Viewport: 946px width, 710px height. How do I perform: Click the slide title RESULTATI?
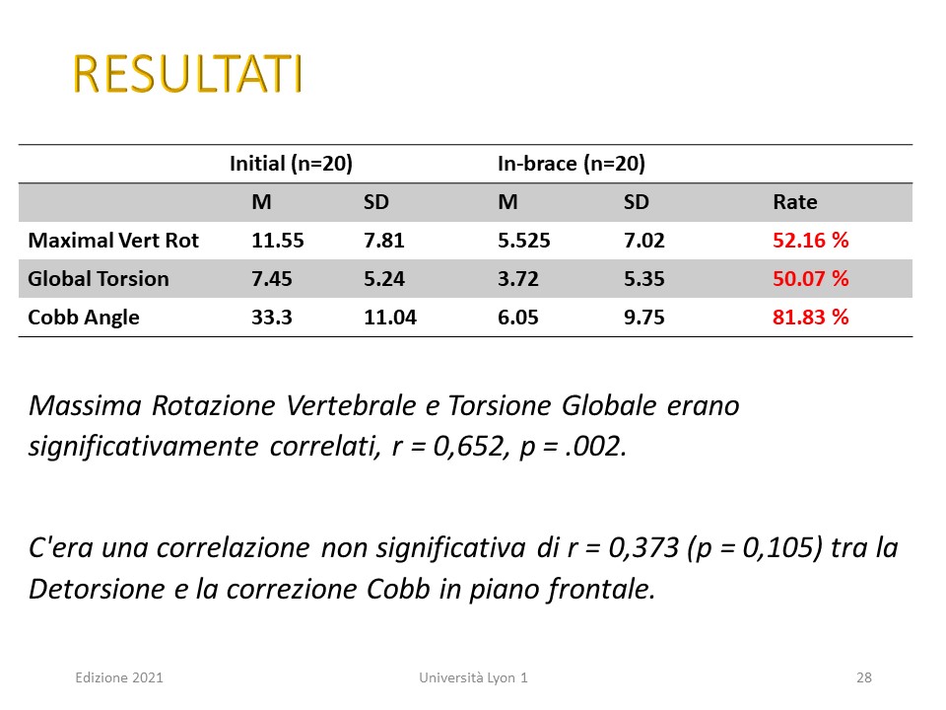pos(187,74)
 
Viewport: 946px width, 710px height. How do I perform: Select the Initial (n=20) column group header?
pos(291,164)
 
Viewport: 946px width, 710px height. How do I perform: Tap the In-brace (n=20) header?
pos(572,164)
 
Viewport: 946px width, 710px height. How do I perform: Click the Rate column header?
pos(795,201)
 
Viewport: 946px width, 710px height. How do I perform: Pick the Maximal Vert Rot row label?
pos(113,241)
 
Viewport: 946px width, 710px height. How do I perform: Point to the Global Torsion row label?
pos(99,279)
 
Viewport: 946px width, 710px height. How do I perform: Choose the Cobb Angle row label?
pos(84,318)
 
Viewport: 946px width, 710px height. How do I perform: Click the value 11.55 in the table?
pos(278,241)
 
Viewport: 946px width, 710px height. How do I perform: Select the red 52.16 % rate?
pos(811,241)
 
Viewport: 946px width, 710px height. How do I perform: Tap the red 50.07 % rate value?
pos(811,279)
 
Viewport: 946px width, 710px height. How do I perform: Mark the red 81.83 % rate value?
pos(811,318)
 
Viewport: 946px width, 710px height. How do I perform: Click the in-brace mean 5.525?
pos(523,241)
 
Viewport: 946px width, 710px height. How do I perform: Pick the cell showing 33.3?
pos(272,318)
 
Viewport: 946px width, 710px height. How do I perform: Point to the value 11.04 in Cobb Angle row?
pos(390,318)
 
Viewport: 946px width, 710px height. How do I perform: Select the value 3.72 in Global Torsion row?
pos(517,279)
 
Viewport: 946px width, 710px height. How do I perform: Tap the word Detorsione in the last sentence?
pos(97,590)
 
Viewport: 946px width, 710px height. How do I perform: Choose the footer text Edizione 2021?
pos(119,678)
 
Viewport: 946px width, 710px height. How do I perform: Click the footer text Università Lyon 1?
pos(473,678)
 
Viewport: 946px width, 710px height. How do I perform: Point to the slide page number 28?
pos(864,678)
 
